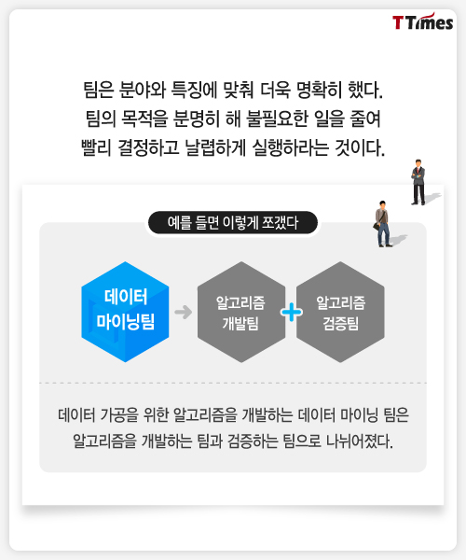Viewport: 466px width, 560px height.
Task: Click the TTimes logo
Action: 422,21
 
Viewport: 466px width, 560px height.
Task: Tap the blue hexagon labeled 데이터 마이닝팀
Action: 125,312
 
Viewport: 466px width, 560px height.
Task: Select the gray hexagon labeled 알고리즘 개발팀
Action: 241,312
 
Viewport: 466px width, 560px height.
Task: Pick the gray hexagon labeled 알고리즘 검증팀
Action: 340,312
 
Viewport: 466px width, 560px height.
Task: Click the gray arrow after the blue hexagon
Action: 184,312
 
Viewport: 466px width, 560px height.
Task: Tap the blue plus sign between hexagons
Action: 292,312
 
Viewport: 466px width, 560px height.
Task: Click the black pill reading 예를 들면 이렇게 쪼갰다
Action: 232,223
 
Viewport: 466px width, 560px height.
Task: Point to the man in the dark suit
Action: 418,182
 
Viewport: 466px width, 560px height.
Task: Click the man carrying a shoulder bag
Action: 382,224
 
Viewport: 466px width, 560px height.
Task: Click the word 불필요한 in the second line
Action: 277,119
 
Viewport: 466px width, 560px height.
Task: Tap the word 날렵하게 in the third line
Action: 215,147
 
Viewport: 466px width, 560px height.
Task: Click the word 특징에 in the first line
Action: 194,90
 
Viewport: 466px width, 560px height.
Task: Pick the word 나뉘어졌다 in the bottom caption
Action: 360,441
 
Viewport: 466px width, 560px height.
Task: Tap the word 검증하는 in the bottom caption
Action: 253,441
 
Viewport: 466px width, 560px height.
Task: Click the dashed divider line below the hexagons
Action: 233,383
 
